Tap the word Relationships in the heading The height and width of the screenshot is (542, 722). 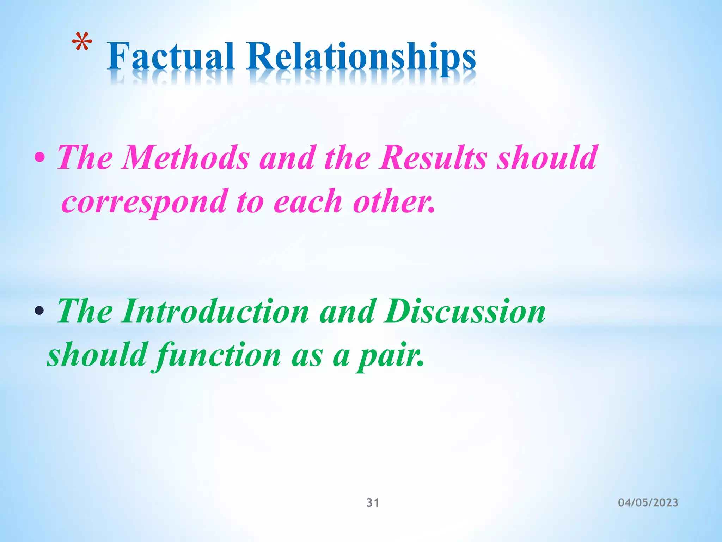click(361, 58)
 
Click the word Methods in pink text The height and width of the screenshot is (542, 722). click(185, 158)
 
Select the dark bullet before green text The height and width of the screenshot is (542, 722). click(39, 311)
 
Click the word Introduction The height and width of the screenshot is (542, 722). click(215, 311)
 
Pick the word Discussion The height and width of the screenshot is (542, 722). click(465, 311)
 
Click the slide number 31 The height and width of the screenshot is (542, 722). click(373, 502)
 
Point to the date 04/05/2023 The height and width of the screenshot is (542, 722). click(648, 502)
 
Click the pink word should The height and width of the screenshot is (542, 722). click(547, 158)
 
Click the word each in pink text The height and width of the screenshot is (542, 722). click(308, 202)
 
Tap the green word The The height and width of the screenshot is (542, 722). click(85, 311)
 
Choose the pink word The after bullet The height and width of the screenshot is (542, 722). click(85, 158)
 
